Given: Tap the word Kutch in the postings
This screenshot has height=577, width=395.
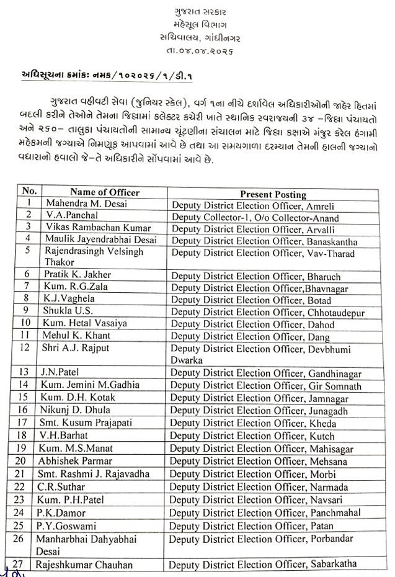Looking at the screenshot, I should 318,438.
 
